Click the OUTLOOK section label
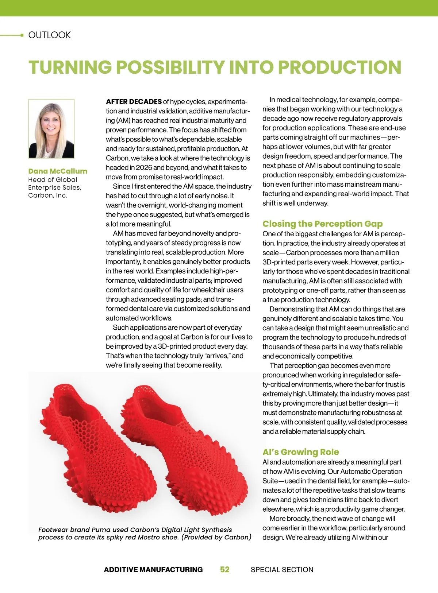pyautogui.click(x=49, y=35)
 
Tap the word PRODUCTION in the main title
pyautogui.click(x=339, y=67)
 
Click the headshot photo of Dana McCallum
pyautogui.click(x=51, y=129)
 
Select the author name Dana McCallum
pyautogui.click(x=58, y=171)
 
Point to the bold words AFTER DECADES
pyautogui.click(x=134, y=101)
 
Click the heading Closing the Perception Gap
pyautogui.click(x=322, y=224)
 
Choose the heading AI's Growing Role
pyautogui.click(x=300, y=452)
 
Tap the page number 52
pyautogui.click(x=225, y=569)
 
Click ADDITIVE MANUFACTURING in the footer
pyautogui.click(x=153, y=569)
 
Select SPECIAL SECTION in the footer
pyautogui.click(x=282, y=569)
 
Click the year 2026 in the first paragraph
pyautogui.click(x=143, y=167)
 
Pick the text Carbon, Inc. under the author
pyautogui.click(x=47, y=195)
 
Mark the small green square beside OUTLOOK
pyautogui.click(x=22, y=35)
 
